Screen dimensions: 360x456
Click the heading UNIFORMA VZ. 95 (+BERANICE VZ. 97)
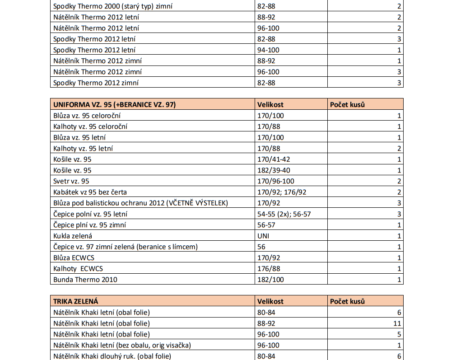(x=114, y=104)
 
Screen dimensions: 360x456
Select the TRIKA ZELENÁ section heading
(x=76, y=301)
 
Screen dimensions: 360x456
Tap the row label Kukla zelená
(x=73, y=236)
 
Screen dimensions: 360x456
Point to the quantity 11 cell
(x=396, y=323)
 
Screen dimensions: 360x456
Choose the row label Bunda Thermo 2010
(x=85, y=280)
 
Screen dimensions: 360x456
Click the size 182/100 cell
(x=270, y=280)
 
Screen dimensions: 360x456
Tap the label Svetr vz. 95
(x=71, y=181)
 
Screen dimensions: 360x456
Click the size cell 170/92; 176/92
(x=282, y=192)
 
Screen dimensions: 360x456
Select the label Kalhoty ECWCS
(x=78, y=269)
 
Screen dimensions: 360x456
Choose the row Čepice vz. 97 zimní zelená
(x=126, y=247)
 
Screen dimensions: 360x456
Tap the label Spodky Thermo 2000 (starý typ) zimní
(x=113, y=6)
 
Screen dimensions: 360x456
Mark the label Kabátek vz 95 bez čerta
(x=90, y=192)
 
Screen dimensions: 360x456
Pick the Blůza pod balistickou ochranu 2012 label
(x=140, y=203)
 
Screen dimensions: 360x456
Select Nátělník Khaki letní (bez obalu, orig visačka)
(x=122, y=346)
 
